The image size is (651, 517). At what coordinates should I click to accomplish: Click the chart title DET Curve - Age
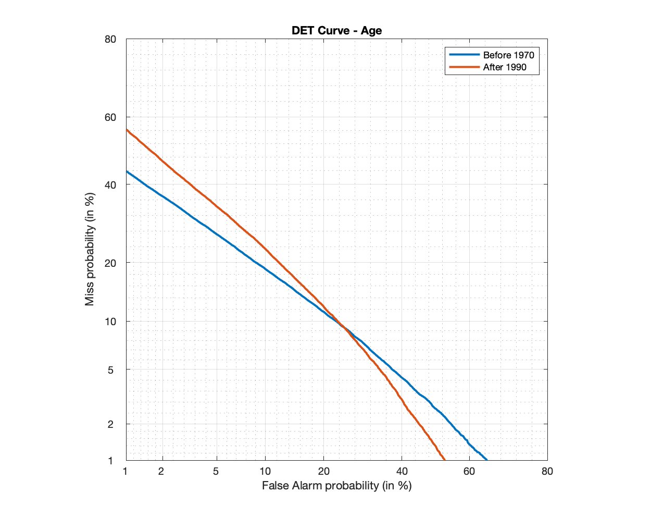(336, 31)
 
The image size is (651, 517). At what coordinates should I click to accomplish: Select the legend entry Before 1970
(508, 55)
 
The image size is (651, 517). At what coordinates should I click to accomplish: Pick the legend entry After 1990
(504, 67)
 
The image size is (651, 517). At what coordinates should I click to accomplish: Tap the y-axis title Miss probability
(90, 249)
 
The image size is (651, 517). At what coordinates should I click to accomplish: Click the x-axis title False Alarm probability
(336, 486)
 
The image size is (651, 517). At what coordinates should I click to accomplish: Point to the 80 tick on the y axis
(110, 40)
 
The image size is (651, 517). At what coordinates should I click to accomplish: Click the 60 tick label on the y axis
(110, 117)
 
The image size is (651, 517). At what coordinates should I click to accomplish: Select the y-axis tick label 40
(110, 185)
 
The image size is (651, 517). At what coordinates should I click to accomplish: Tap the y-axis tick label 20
(110, 263)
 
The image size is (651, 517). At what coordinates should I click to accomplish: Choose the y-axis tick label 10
(110, 322)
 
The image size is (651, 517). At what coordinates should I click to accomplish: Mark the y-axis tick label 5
(110, 370)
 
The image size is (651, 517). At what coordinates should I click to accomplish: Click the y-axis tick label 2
(110, 424)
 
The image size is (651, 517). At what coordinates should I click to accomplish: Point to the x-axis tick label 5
(216, 472)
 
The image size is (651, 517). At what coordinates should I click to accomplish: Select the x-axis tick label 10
(265, 472)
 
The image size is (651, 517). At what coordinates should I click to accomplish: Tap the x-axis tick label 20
(323, 472)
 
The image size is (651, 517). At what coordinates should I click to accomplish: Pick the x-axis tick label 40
(402, 472)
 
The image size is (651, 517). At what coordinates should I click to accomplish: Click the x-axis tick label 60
(469, 472)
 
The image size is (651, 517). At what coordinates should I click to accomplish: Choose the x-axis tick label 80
(547, 472)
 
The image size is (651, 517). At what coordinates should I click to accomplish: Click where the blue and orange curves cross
(342, 326)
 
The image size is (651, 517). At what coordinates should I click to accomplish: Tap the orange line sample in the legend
(464, 67)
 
